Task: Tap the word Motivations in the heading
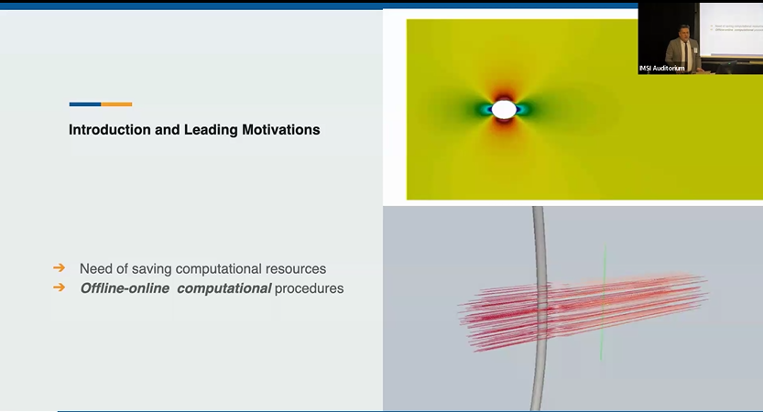pos(281,130)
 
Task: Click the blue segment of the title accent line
pos(85,104)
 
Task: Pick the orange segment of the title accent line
pos(116,104)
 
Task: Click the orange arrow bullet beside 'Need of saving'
pos(59,267)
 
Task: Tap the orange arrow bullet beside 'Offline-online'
pos(59,287)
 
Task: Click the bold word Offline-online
pos(125,288)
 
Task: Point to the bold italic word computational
pos(223,288)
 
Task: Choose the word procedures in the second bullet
pos(309,288)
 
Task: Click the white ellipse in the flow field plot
pos(504,110)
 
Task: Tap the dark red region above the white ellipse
pos(504,95)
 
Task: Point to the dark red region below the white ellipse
pos(504,124)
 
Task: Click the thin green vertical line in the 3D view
pos(604,302)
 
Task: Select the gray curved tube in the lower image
pos(540,307)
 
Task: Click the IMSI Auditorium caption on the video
pos(661,68)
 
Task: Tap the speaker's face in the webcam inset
pos(685,33)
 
